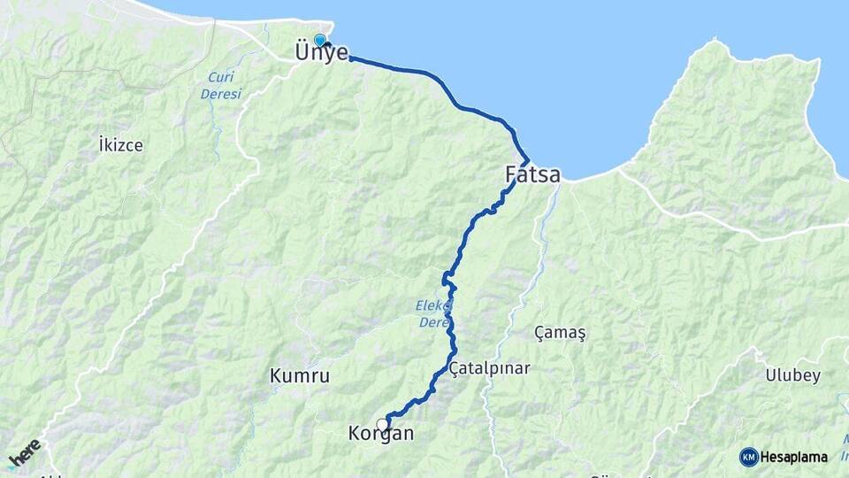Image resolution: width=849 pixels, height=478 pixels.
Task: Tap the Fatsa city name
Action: point(532,175)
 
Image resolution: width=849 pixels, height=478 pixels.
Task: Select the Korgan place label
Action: point(381,435)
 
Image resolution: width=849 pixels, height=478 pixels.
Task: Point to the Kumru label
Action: point(300,376)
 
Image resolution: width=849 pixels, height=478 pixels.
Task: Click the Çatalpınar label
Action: point(489,367)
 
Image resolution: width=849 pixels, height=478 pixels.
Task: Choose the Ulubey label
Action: point(793,375)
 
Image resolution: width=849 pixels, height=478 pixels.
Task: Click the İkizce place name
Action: point(121,144)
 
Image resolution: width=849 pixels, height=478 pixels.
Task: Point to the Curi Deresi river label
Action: point(218,85)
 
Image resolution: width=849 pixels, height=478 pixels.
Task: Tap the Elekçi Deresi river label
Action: point(433,314)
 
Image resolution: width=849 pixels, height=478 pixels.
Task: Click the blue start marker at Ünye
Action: point(319,40)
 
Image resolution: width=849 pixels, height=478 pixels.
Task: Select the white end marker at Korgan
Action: point(383,424)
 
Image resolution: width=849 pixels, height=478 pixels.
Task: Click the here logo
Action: point(25,452)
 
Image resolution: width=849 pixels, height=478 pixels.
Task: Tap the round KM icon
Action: point(748,457)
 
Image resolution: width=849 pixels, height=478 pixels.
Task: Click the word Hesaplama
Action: point(794,457)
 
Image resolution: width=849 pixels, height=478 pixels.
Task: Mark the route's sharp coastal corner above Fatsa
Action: point(528,160)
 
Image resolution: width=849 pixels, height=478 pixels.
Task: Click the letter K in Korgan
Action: point(355,435)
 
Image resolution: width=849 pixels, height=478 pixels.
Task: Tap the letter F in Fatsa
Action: point(511,174)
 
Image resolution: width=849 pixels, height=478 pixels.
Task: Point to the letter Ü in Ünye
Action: point(302,52)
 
